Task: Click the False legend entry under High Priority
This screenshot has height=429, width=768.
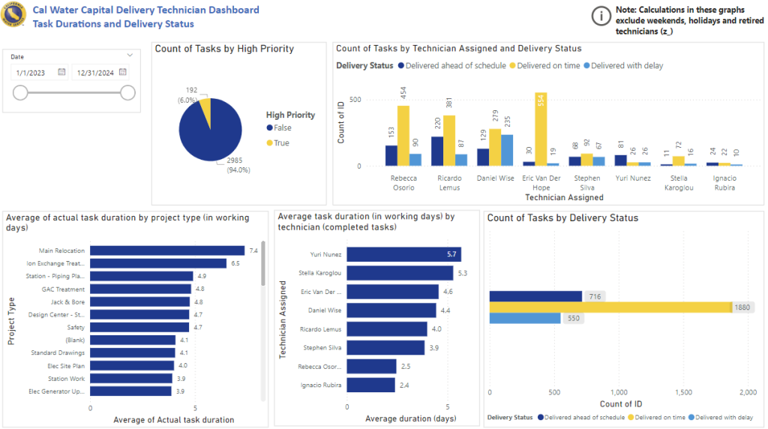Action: (283, 128)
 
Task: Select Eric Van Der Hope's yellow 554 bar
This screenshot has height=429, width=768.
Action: (541, 129)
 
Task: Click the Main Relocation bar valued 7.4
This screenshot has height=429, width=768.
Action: (167, 250)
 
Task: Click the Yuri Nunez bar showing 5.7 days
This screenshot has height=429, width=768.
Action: (403, 254)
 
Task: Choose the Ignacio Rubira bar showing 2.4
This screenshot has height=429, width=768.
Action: (370, 385)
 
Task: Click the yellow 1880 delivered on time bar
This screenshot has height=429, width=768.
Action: (610, 307)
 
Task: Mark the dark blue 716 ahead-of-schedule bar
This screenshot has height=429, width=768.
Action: (535, 296)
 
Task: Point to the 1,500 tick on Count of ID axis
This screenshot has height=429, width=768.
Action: (683, 392)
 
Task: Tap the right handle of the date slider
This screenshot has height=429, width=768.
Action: (128, 92)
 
